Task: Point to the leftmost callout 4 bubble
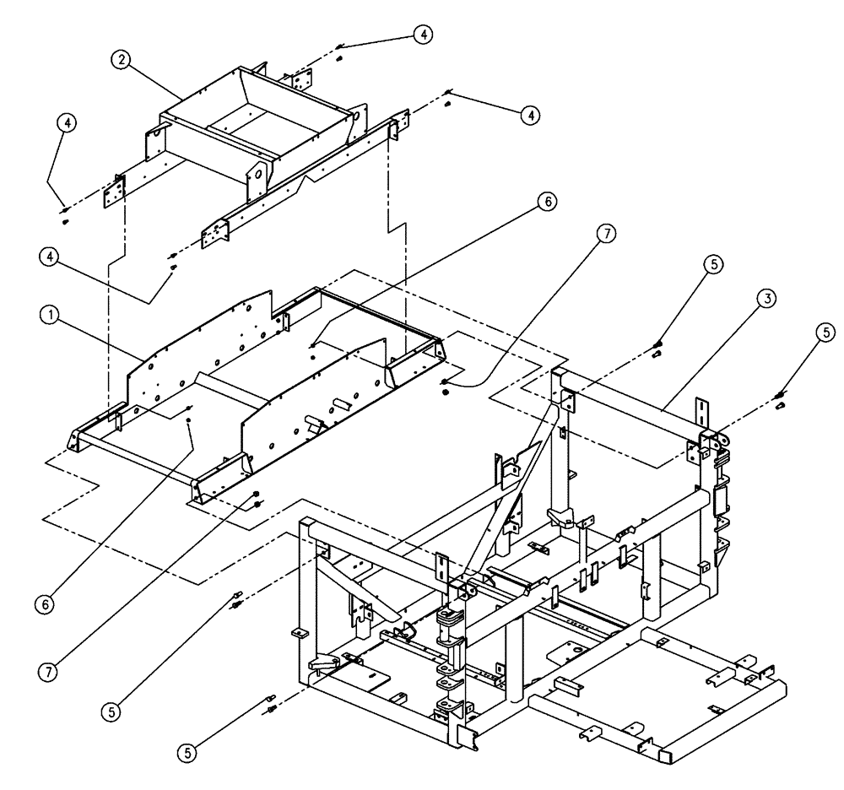[67, 122]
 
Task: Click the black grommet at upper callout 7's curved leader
[444, 383]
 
